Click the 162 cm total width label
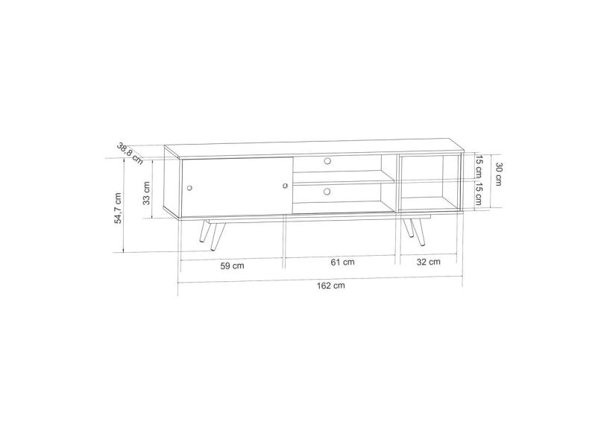[x=330, y=286]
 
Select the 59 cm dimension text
[x=232, y=265]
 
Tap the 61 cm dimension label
[x=342, y=262]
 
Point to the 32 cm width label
[x=428, y=262]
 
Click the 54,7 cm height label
[x=118, y=208]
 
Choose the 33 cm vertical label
[x=146, y=193]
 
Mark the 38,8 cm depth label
[x=130, y=154]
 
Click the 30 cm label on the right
[x=499, y=175]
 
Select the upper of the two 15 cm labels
[x=479, y=166]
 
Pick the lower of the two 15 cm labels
[x=479, y=194]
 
